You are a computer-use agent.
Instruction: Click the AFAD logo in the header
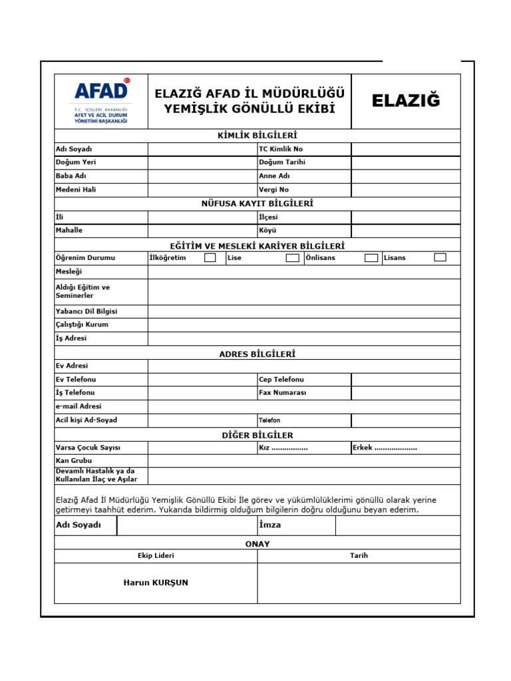[x=100, y=100]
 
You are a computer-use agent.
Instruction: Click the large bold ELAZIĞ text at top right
[x=406, y=101]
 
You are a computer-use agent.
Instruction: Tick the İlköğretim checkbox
[x=210, y=257]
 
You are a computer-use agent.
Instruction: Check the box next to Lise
[x=292, y=257]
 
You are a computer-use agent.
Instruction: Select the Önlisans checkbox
[x=371, y=257]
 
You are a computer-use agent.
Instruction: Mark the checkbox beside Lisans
[x=440, y=257]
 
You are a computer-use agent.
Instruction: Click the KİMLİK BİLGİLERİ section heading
[x=257, y=136]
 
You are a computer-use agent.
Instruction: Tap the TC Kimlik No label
[x=281, y=149]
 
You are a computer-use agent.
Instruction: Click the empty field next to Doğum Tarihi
[x=405, y=162]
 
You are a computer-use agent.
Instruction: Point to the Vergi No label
[x=274, y=190]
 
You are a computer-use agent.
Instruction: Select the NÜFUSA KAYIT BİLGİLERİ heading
[x=257, y=204]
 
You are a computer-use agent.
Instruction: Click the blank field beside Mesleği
[x=303, y=271]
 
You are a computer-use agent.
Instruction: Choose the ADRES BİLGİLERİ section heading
[x=257, y=354]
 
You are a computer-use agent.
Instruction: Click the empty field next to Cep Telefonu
[x=405, y=379]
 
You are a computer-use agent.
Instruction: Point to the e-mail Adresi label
[x=79, y=406]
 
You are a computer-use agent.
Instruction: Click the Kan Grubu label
[x=74, y=460]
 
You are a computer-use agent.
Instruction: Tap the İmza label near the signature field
[x=270, y=525]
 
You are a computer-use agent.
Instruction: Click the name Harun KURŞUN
[x=156, y=583]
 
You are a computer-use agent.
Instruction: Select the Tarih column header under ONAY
[x=359, y=555]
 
